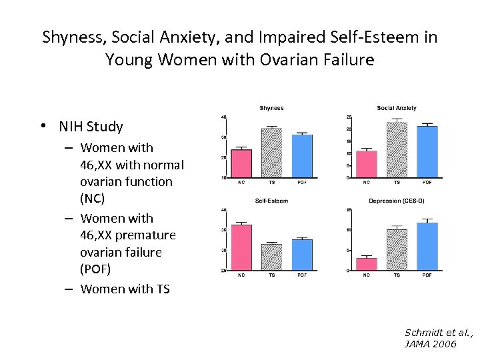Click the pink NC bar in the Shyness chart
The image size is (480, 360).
(241, 163)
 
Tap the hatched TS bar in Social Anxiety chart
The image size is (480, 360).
(397, 150)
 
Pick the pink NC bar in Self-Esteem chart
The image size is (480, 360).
(241, 247)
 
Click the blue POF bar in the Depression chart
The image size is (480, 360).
(427, 247)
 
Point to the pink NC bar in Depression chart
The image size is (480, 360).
(366, 264)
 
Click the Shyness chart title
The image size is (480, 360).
(271, 108)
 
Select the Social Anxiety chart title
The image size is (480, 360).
(397, 108)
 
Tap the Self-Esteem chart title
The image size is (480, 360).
(271, 201)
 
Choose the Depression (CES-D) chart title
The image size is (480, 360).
(397, 201)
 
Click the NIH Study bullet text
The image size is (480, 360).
(91, 127)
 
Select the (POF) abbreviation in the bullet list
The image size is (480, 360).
(96, 269)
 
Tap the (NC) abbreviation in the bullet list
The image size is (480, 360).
(93, 199)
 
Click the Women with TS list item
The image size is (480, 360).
(125, 289)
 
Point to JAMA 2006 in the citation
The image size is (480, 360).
(430, 344)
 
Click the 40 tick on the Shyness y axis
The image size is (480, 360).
(223, 117)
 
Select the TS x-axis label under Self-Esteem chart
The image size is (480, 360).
(271, 275)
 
